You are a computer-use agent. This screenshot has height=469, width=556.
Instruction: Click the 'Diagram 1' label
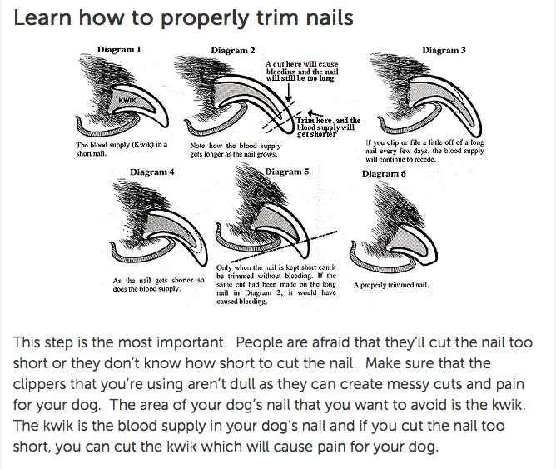pyautogui.click(x=119, y=49)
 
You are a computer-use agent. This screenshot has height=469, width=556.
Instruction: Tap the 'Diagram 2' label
pyautogui.click(x=233, y=50)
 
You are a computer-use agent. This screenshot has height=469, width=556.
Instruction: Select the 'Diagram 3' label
pyautogui.click(x=444, y=50)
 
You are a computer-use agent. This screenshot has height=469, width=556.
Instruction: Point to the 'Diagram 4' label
pyautogui.click(x=152, y=172)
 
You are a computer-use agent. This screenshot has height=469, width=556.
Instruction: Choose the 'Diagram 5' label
pyautogui.click(x=287, y=172)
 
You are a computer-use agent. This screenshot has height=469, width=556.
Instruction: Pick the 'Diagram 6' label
pyautogui.click(x=384, y=173)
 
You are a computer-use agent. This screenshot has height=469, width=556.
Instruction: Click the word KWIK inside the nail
pyautogui.click(x=127, y=101)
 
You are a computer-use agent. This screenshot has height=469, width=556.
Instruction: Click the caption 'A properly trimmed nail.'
pyautogui.click(x=391, y=285)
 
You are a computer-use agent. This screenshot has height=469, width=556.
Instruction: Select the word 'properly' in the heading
pyautogui.click(x=205, y=18)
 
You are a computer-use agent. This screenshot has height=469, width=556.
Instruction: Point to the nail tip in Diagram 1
pyautogui.click(x=166, y=126)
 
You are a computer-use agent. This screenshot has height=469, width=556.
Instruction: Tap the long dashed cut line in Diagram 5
pyautogui.click(x=283, y=247)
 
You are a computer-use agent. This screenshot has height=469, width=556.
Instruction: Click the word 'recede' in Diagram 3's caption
pyautogui.click(x=424, y=160)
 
